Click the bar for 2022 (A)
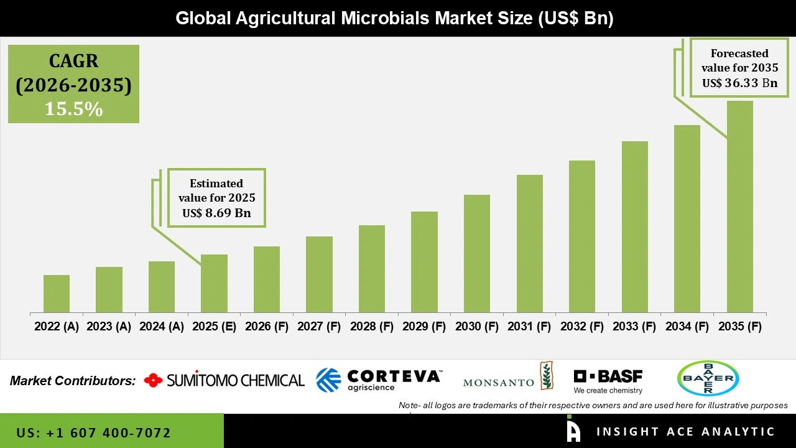57,294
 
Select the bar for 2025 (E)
214,283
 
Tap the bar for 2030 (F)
477,253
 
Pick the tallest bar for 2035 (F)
739,207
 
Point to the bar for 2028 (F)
372,269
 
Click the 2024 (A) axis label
162,327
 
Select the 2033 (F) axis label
635,327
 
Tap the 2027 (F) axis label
319,327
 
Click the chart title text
394,18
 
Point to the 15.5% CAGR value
73,109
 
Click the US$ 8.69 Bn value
216,213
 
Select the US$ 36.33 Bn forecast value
739,83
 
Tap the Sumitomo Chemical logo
224,380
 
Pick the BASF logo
608,381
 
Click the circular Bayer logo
708,378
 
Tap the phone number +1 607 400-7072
93,432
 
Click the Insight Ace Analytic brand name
685,432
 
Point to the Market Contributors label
73,381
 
